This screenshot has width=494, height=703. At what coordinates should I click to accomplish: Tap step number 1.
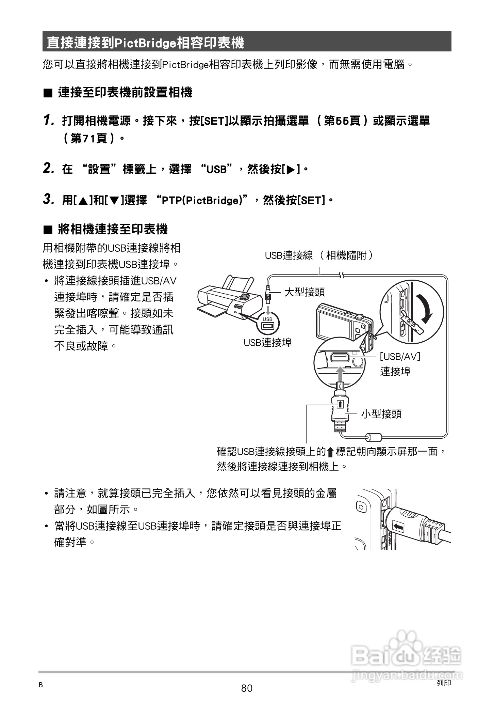tap(49, 120)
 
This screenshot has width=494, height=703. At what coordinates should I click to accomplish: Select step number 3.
tap(49, 199)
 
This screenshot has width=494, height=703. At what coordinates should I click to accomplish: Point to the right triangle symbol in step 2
tap(291, 169)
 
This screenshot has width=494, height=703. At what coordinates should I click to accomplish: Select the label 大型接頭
tap(304, 292)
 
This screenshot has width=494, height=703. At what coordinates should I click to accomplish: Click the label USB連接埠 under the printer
tap(267, 342)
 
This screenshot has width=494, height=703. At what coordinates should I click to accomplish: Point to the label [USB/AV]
tap(400, 357)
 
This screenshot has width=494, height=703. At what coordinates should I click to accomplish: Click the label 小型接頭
tap(381, 414)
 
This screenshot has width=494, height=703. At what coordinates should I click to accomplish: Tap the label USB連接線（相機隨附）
tap(318, 255)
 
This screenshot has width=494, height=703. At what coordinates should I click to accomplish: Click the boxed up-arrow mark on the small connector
tap(340, 404)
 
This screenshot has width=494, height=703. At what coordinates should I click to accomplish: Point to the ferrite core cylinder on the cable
tap(374, 437)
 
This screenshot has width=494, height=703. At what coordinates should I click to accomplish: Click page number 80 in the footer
tap(247, 688)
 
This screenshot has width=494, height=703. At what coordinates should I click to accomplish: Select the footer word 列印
tap(443, 683)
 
